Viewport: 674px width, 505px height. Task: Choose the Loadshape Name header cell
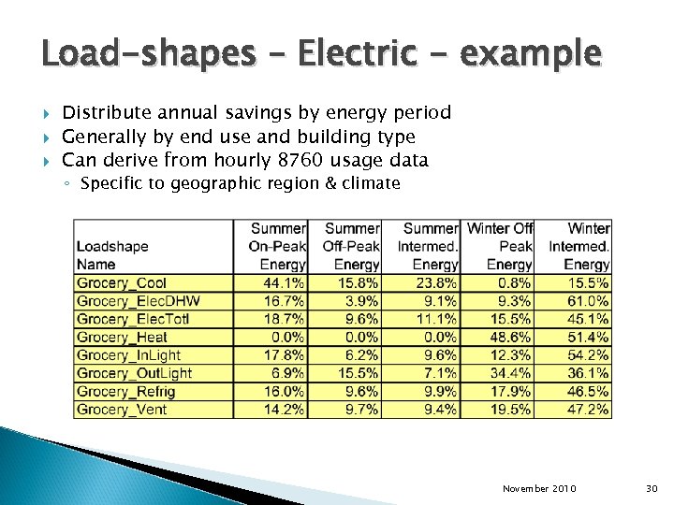pyautogui.click(x=112, y=255)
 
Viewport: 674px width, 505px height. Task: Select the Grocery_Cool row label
pyautogui.click(x=122, y=283)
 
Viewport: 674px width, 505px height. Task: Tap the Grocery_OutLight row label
pyautogui.click(x=134, y=373)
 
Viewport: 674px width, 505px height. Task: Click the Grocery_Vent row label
pyautogui.click(x=122, y=410)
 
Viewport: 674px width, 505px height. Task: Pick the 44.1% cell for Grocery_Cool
pyautogui.click(x=284, y=283)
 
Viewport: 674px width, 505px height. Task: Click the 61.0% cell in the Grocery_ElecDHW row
pyautogui.click(x=589, y=301)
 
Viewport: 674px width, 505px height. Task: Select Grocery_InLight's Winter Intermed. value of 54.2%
pyautogui.click(x=589, y=355)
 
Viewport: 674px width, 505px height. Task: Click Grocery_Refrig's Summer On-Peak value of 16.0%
pyautogui.click(x=284, y=392)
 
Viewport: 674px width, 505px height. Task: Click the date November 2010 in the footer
pyautogui.click(x=539, y=489)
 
